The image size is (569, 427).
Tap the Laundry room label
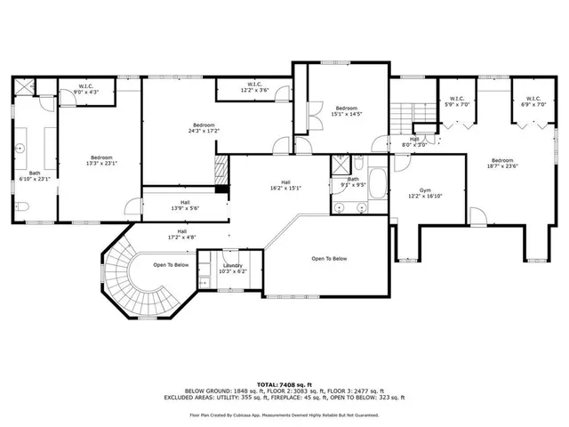[234, 268]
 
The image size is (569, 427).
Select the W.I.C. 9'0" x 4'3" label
[74, 88]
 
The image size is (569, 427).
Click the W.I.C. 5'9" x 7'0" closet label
[457, 102]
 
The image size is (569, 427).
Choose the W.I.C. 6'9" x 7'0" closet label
[533, 102]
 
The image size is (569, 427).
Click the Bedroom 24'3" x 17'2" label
[203, 128]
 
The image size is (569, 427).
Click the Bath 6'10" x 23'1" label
[35, 176]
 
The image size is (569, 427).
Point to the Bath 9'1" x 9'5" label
[354, 181]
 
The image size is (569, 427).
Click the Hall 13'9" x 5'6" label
[184, 205]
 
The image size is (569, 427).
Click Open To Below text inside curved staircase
[170, 264]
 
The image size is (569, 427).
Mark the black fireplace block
[222, 170]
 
